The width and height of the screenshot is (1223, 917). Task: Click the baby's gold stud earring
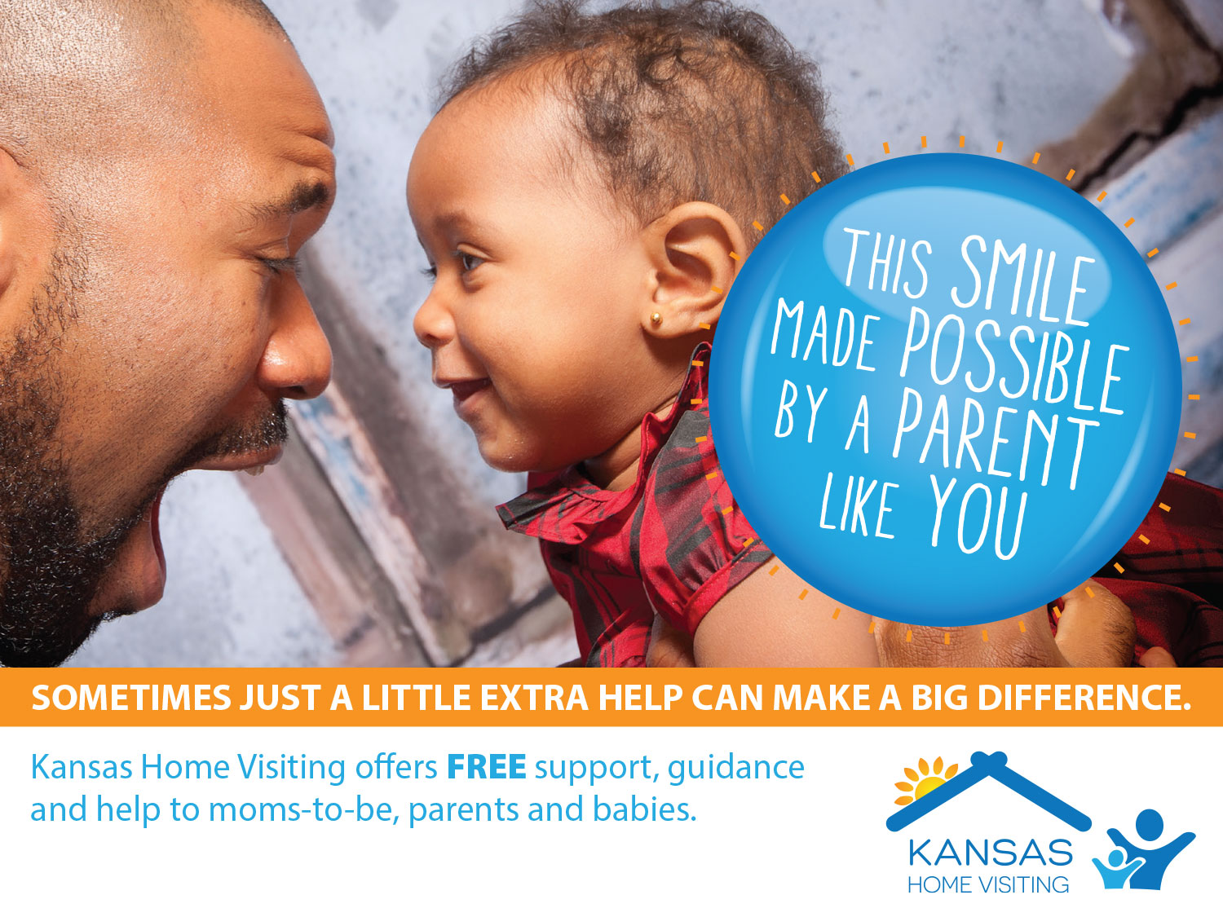(x=656, y=319)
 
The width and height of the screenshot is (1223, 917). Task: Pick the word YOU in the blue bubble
(x=978, y=518)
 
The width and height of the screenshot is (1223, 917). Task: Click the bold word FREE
(x=487, y=767)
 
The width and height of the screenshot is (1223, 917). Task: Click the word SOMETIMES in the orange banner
(x=131, y=697)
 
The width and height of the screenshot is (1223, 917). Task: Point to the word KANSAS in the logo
(x=990, y=853)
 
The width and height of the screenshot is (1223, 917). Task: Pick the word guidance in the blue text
(x=735, y=769)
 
